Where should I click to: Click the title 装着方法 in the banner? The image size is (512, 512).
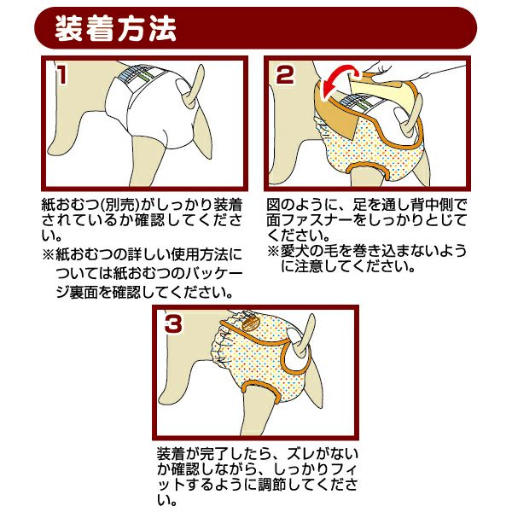pyautogui.click(x=115, y=29)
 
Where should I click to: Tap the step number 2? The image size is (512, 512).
pyautogui.click(x=285, y=74)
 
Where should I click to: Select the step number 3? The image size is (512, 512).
pyautogui.click(x=173, y=323)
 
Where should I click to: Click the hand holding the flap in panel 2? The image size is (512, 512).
pyautogui.click(x=408, y=73)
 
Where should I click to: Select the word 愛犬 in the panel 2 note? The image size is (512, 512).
pyautogui.click(x=295, y=251)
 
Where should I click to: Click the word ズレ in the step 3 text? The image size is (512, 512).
pyautogui.click(x=300, y=454)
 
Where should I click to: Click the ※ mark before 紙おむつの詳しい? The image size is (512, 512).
pyautogui.click(x=48, y=254)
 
